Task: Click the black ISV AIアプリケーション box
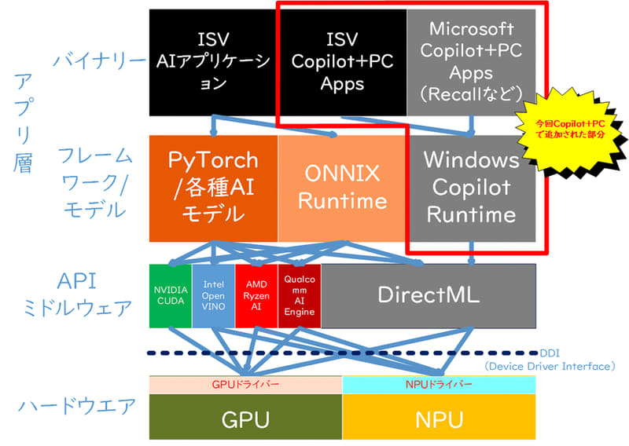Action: (x=212, y=61)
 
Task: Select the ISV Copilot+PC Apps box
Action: (x=342, y=61)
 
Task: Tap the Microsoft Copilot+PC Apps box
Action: (x=471, y=61)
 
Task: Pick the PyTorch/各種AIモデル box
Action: (x=213, y=188)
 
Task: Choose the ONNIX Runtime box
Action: (x=342, y=188)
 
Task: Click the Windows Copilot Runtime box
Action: (x=471, y=188)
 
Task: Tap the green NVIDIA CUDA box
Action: (x=170, y=295)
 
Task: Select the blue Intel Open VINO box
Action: (x=213, y=295)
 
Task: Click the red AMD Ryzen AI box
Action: (x=256, y=295)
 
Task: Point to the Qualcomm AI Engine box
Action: (x=299, y=295)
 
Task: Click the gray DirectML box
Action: (x=429, y=295)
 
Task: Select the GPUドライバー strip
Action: (x=245, y=385)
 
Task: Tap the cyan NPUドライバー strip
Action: (x=439, y=385)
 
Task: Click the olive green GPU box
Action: (x=245, y=418)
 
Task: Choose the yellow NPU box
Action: (x=439, y=418)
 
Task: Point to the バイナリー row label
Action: (x=98, y=60)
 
